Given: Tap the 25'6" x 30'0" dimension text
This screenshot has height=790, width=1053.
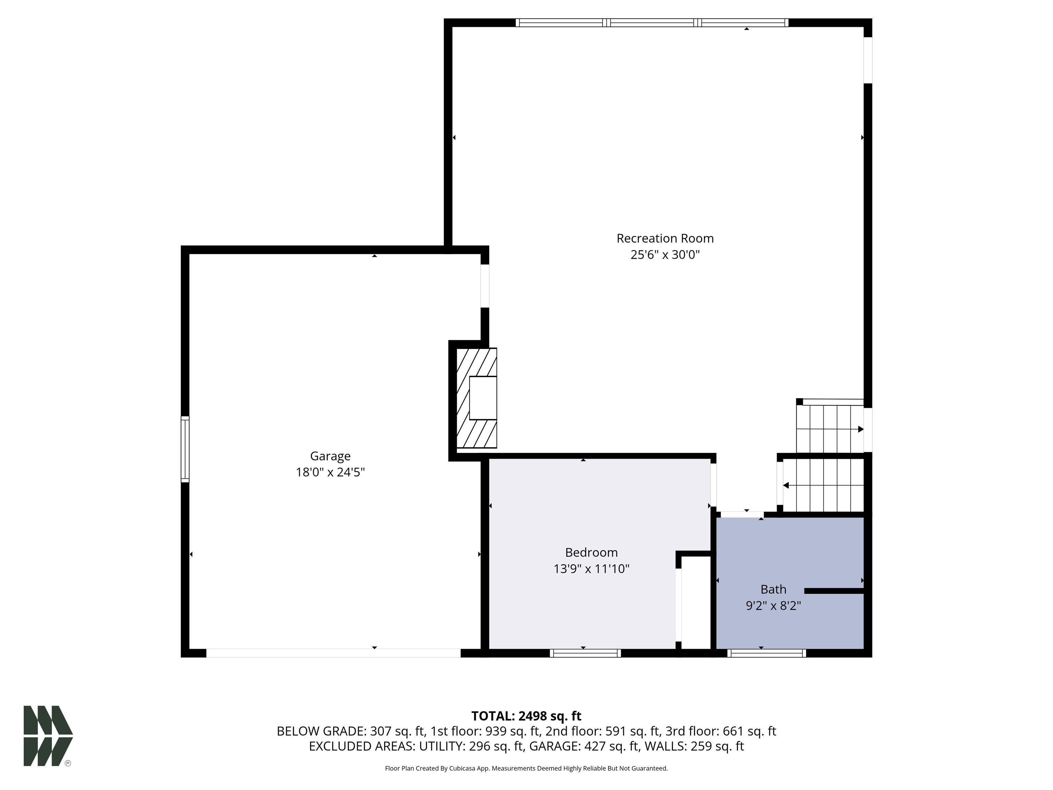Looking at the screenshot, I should pos(665,255).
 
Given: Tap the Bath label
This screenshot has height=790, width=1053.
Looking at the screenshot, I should pos(773,589).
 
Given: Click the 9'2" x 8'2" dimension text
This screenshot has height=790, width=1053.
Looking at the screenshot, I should pos(773,606).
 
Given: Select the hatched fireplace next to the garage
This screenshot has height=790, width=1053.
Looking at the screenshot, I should pos(476,398).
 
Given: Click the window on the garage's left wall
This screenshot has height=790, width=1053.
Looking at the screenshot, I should pos(185,449).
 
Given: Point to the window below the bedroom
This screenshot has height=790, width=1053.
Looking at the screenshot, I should pos(585,653).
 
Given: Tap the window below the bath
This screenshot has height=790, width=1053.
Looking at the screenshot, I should pos(766,653).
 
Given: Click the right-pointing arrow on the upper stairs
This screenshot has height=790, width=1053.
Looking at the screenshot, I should pos(860,429).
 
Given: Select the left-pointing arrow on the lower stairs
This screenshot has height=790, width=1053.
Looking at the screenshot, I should pos(786,485).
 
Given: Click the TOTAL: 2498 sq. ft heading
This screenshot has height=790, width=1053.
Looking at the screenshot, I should pos(526,716).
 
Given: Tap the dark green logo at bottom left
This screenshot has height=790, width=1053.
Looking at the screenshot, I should pos(48,736).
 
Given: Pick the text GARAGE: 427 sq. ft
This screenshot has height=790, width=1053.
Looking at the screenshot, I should pos(584,746).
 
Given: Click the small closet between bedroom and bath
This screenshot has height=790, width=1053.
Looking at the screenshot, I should pos(695,602).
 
